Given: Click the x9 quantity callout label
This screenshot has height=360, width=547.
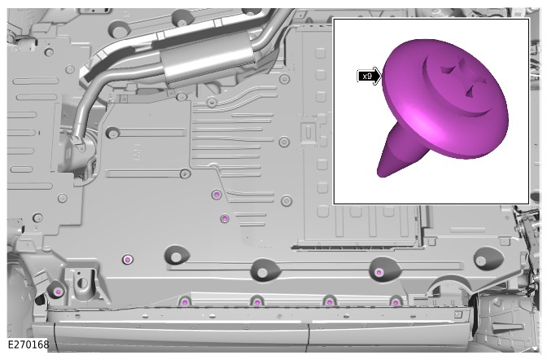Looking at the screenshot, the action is pyautogui.click(x=367, y=76).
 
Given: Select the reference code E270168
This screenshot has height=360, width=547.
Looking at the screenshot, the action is pyautogui.click(x=28, y=345).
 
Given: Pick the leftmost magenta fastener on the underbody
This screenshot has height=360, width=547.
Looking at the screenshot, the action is pyautogui.click(x=59, y=292).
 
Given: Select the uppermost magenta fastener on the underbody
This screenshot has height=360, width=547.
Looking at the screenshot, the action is pyautogui.click(x=217, y=195).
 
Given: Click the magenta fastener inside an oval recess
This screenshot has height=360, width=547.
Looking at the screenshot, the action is pyautogui.click(x=379, y=272).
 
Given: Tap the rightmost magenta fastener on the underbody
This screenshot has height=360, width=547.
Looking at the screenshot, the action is pyautogui.click(x=396, y=302).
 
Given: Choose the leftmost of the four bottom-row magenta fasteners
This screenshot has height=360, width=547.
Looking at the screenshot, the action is pyautogui.click(x=185, y=302).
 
